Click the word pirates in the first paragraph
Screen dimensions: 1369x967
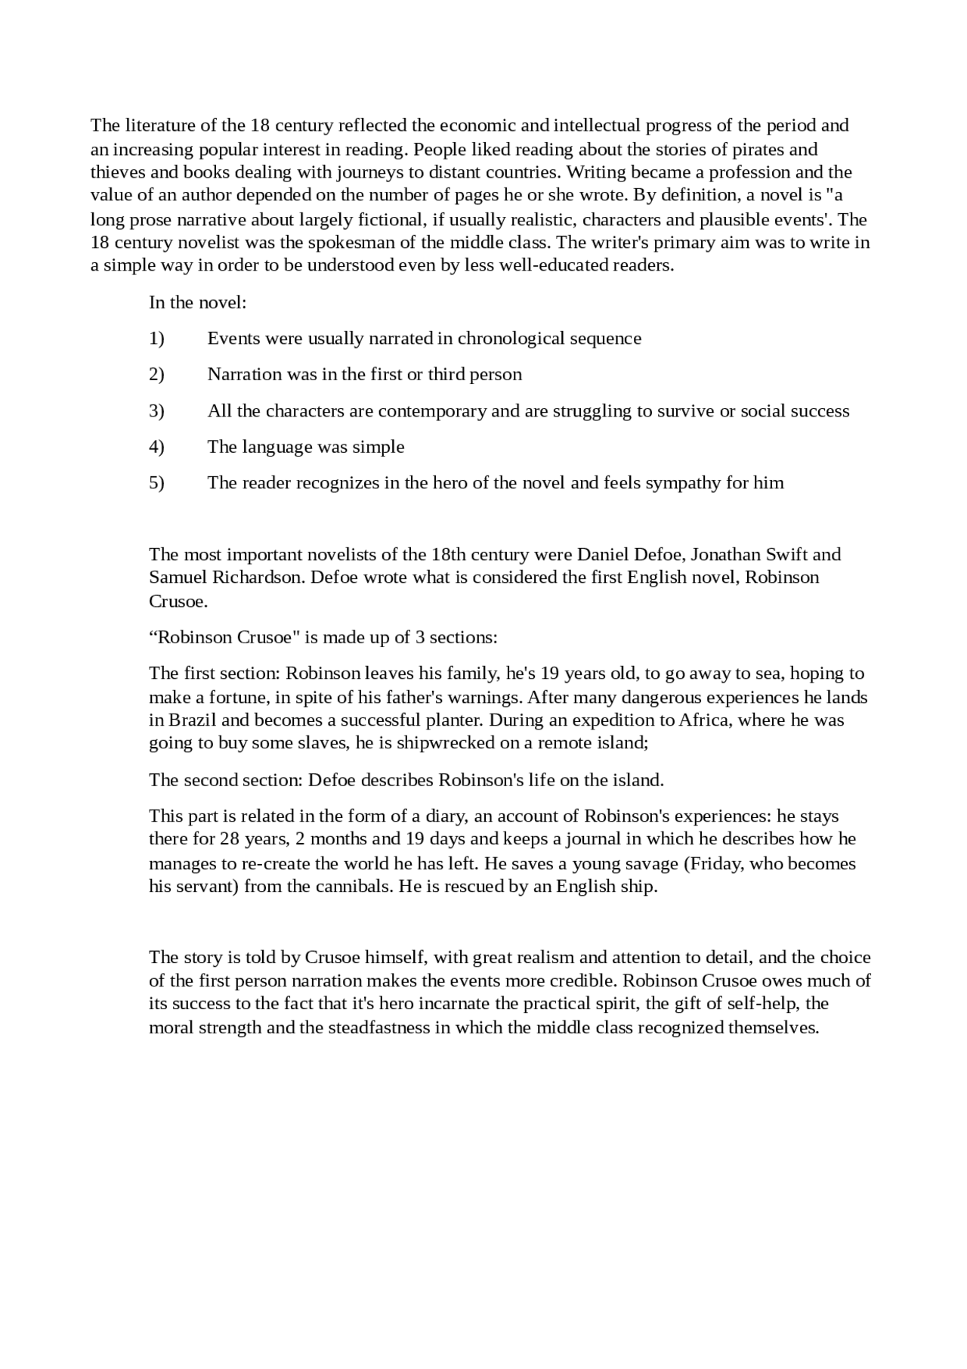pyautogui.click(x=758, y=149)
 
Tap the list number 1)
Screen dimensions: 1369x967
pyautogui.click(x=156, y=338)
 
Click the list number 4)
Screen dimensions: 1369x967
pyautogui.click(x=156, y=447)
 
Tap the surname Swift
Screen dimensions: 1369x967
pyautogui.click(x=788, y=554)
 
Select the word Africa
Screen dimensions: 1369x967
pyautogui.click(x=703, y=720)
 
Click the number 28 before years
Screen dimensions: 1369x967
pyautogui.click(x=230, y=838)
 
